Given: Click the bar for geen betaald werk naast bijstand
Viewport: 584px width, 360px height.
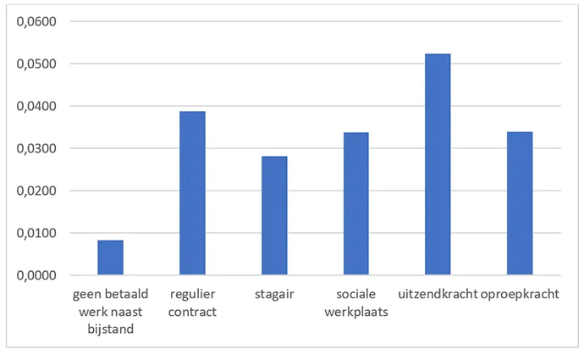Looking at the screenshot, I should (x=110, y=258).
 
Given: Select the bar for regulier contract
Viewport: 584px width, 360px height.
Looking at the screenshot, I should (x=192, y=193).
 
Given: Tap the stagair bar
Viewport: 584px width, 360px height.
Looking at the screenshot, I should (x=274, y=215).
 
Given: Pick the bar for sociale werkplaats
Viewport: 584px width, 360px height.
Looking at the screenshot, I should (x=355, y=203).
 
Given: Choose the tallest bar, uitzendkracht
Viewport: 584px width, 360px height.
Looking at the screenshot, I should (x=438, y=164).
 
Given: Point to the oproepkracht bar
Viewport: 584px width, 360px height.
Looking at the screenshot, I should (x=520, y=203).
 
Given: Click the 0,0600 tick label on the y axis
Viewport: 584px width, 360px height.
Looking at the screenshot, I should (x=35, y=22).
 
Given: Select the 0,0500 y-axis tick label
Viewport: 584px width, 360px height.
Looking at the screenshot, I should (x=35, y=64).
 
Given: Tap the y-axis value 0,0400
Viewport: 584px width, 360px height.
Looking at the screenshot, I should (x=35, y=107).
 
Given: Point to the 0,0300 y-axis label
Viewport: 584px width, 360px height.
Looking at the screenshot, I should (x=35, y=149).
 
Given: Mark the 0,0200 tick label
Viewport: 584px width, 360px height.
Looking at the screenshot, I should (x=35, y=191).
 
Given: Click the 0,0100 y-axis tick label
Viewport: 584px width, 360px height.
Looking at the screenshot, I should (x=35, y=233).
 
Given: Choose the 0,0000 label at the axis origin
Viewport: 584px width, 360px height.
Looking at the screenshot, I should (x=35, y=275).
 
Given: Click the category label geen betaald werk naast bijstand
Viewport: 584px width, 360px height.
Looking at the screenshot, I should (x=111, y=311).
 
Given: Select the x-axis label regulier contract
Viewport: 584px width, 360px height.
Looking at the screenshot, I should (x=192, y=303).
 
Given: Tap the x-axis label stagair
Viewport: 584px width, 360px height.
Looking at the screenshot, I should (x=274, y=296).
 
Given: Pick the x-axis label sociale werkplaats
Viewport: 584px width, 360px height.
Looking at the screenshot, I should (x=355, y=303).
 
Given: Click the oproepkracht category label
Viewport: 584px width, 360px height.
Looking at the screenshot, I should (x=521, y=296).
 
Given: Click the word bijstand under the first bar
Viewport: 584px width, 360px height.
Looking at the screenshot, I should (x=111, y=327).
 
